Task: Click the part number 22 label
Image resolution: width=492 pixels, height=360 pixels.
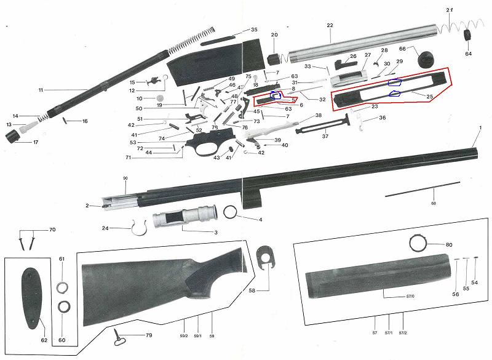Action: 330,25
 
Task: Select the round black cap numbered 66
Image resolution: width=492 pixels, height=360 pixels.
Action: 426,58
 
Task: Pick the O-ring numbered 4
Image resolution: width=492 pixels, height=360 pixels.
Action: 231,212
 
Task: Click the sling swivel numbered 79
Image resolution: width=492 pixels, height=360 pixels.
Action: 121,335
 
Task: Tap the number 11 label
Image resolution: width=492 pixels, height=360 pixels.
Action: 41,90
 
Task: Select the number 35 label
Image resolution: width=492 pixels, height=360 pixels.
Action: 254,30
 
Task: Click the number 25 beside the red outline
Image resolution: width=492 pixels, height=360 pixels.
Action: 430,97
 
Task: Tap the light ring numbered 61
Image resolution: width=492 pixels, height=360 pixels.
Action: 62,286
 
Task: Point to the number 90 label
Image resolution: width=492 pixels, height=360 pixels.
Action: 125,178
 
